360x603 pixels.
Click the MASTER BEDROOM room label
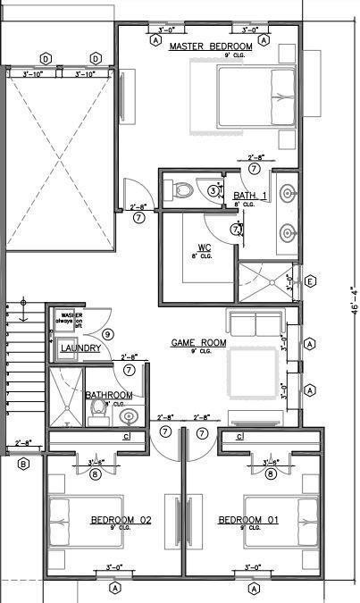tap(210, 46)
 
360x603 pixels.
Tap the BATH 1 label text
tap(250, 196)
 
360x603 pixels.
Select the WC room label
tap(204, 247)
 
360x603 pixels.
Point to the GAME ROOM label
tap(199, 342)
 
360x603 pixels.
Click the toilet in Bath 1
tap(184, 189)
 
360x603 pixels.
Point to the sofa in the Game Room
tap(255, 322)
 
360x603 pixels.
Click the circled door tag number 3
tap(213, 189)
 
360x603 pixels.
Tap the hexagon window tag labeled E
tap(310, 282)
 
